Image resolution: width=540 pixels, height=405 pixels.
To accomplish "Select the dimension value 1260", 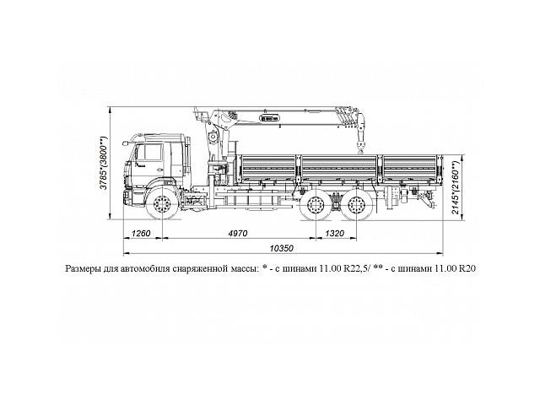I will (x=142, y=233).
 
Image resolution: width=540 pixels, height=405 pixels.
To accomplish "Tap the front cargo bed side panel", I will (x=267, y=167).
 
